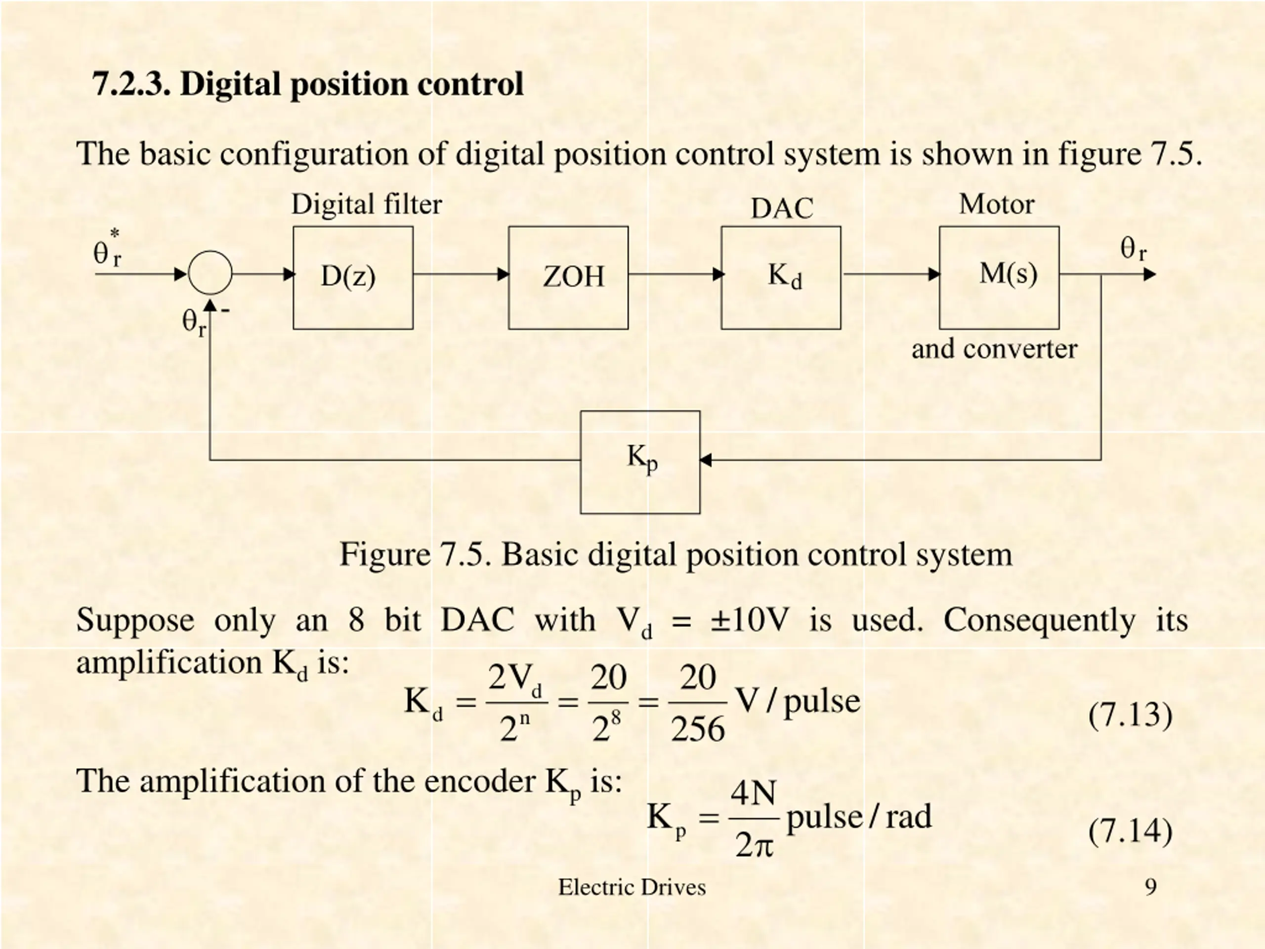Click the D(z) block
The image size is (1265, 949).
coord(353,277)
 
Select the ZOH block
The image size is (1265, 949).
coord(568,277)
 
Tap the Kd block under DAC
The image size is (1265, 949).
coord(781,277)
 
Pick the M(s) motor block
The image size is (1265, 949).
coord(999,277)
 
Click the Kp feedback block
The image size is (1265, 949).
coord(640,462)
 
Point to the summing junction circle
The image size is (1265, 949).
coord(210,273)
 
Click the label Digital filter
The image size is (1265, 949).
coord(367,204)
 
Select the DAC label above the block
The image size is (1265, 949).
coord(782,208)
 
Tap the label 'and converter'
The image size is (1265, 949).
coord(994,349)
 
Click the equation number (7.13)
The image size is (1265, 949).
coord(1130,715)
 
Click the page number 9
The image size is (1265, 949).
coord(1151,887)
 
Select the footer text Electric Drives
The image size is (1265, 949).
coord(632,887)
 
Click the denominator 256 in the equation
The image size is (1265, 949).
coord(698,730)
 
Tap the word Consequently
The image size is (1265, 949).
coord(1039,620)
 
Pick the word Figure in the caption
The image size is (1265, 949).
coord(384,554)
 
